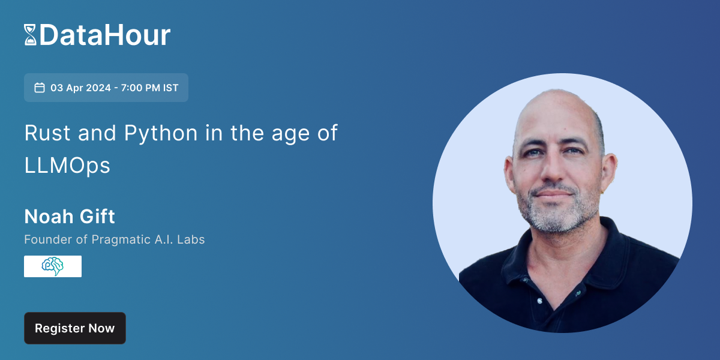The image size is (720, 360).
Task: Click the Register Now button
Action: click(74, 328)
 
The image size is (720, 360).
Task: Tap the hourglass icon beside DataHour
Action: click(30, 35)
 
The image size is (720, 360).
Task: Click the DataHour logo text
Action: click(105, 35)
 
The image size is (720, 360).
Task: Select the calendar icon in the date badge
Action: click(40, 88)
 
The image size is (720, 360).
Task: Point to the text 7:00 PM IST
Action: click(150, 88)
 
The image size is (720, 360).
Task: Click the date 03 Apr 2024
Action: click(80, 88)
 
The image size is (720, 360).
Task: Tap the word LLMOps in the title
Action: click(67, 166)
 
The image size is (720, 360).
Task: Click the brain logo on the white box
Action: click(53, 266)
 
